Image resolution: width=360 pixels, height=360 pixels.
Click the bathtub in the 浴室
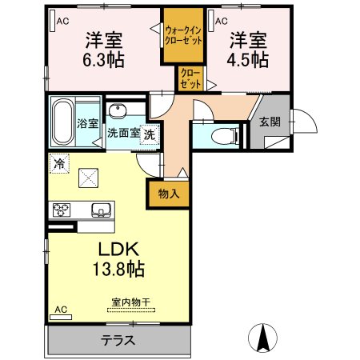tap(62, 122)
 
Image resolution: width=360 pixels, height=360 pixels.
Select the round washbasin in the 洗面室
tap(118, 111)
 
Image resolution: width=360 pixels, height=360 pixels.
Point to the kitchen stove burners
tap(62, 210)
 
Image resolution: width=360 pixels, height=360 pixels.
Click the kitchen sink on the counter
tap(101, 210)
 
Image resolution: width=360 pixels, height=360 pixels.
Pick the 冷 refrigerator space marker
tap(59, 163)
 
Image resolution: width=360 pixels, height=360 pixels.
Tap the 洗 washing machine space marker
tap(150, 134)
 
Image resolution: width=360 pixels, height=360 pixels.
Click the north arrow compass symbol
tap(262, 338)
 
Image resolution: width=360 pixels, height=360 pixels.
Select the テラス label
tap(118, 341)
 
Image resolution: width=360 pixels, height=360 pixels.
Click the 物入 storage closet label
tap(169, 194)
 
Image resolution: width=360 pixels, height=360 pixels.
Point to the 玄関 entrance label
tap(270, 122)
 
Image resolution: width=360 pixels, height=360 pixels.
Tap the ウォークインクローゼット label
tap(183, 35)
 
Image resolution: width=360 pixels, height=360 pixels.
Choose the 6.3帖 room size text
tap(103, 60)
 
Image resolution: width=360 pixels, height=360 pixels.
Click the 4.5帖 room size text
tap(248, 60)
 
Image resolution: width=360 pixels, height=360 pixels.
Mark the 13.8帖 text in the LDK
tap(118, 269)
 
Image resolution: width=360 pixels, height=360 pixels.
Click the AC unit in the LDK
tap(61, 317)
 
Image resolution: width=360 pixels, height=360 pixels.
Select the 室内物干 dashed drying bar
tap(131, 310)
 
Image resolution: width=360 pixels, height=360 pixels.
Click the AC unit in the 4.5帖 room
tap(211, 21)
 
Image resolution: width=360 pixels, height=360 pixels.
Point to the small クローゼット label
tap(190, 78)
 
